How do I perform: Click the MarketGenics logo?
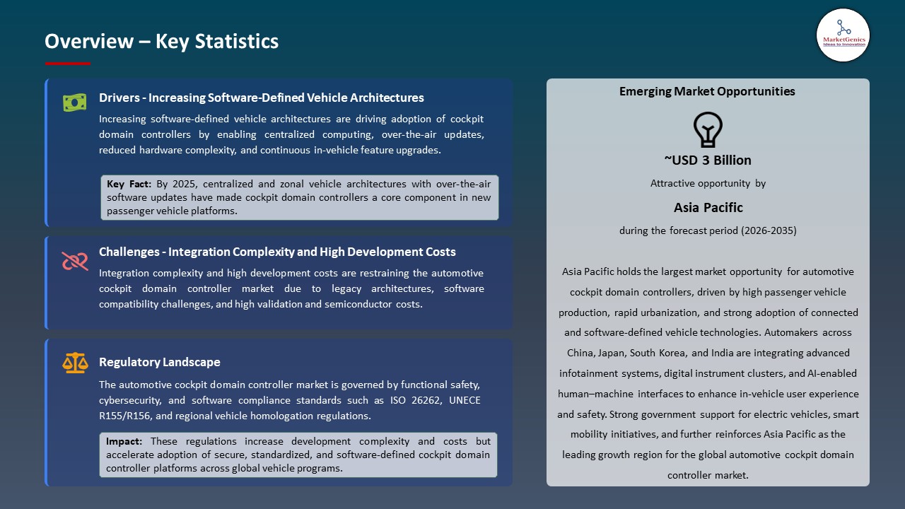[843, 35]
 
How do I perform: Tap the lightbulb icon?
[708, 130]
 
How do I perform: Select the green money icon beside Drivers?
[74, 103]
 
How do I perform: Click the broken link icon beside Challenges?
[74, 261]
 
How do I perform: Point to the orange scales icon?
[75, 363]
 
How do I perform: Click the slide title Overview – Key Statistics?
[161, 42]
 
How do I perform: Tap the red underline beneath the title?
[68, 64]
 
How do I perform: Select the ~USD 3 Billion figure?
[708, 160]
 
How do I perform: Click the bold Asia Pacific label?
[708, 207]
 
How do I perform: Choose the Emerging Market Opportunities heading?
[707, 91]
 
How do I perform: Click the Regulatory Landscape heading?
[159, 362]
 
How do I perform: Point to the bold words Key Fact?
[129, 184]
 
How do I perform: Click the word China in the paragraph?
[582, 353]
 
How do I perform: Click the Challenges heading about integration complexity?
[277, 252]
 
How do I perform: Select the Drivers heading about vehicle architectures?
[261, 98]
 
